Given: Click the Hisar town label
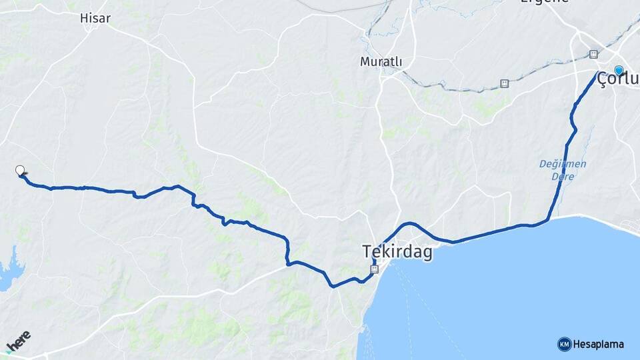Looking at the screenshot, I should [x=95, y=18].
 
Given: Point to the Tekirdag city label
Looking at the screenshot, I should [x=397, y=252].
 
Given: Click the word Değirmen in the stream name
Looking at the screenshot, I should [x=563, y=164].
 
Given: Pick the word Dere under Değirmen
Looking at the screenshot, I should [x=563, y=177].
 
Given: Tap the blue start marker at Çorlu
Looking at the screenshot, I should [x=619, y=70].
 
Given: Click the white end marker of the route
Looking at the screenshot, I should [x=20, y=170].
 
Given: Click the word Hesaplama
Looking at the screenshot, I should [x=598, y=345].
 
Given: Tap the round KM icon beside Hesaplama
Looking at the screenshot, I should [x=564, y=345].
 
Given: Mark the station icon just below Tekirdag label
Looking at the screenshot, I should [x=374, y=269].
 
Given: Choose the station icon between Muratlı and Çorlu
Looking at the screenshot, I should [x=505, y=83].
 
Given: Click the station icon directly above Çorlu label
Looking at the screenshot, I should [x=593, y=54].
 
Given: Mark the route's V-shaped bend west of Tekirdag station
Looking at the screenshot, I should [x=332, y=287].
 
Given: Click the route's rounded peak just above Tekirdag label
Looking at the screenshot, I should [x=410, y=223].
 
